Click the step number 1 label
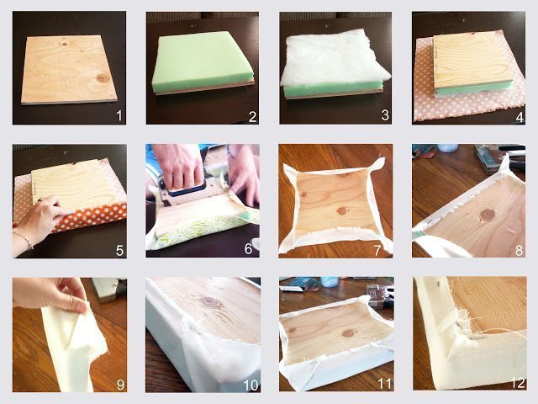point(119,115)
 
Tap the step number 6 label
point(249,249)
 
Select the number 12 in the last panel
point(518,383)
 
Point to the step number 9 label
point(120,385)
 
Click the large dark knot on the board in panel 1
point(103,78)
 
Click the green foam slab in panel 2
point(203,61)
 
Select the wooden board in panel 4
point(472,61)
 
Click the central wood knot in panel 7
point(341,210)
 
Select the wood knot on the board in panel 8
point(488,215)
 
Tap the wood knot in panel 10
point(210,302)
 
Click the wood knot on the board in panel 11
point(349,333)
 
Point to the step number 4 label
point(520,117)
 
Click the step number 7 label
point(377,251)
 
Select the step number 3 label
point(386,115)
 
